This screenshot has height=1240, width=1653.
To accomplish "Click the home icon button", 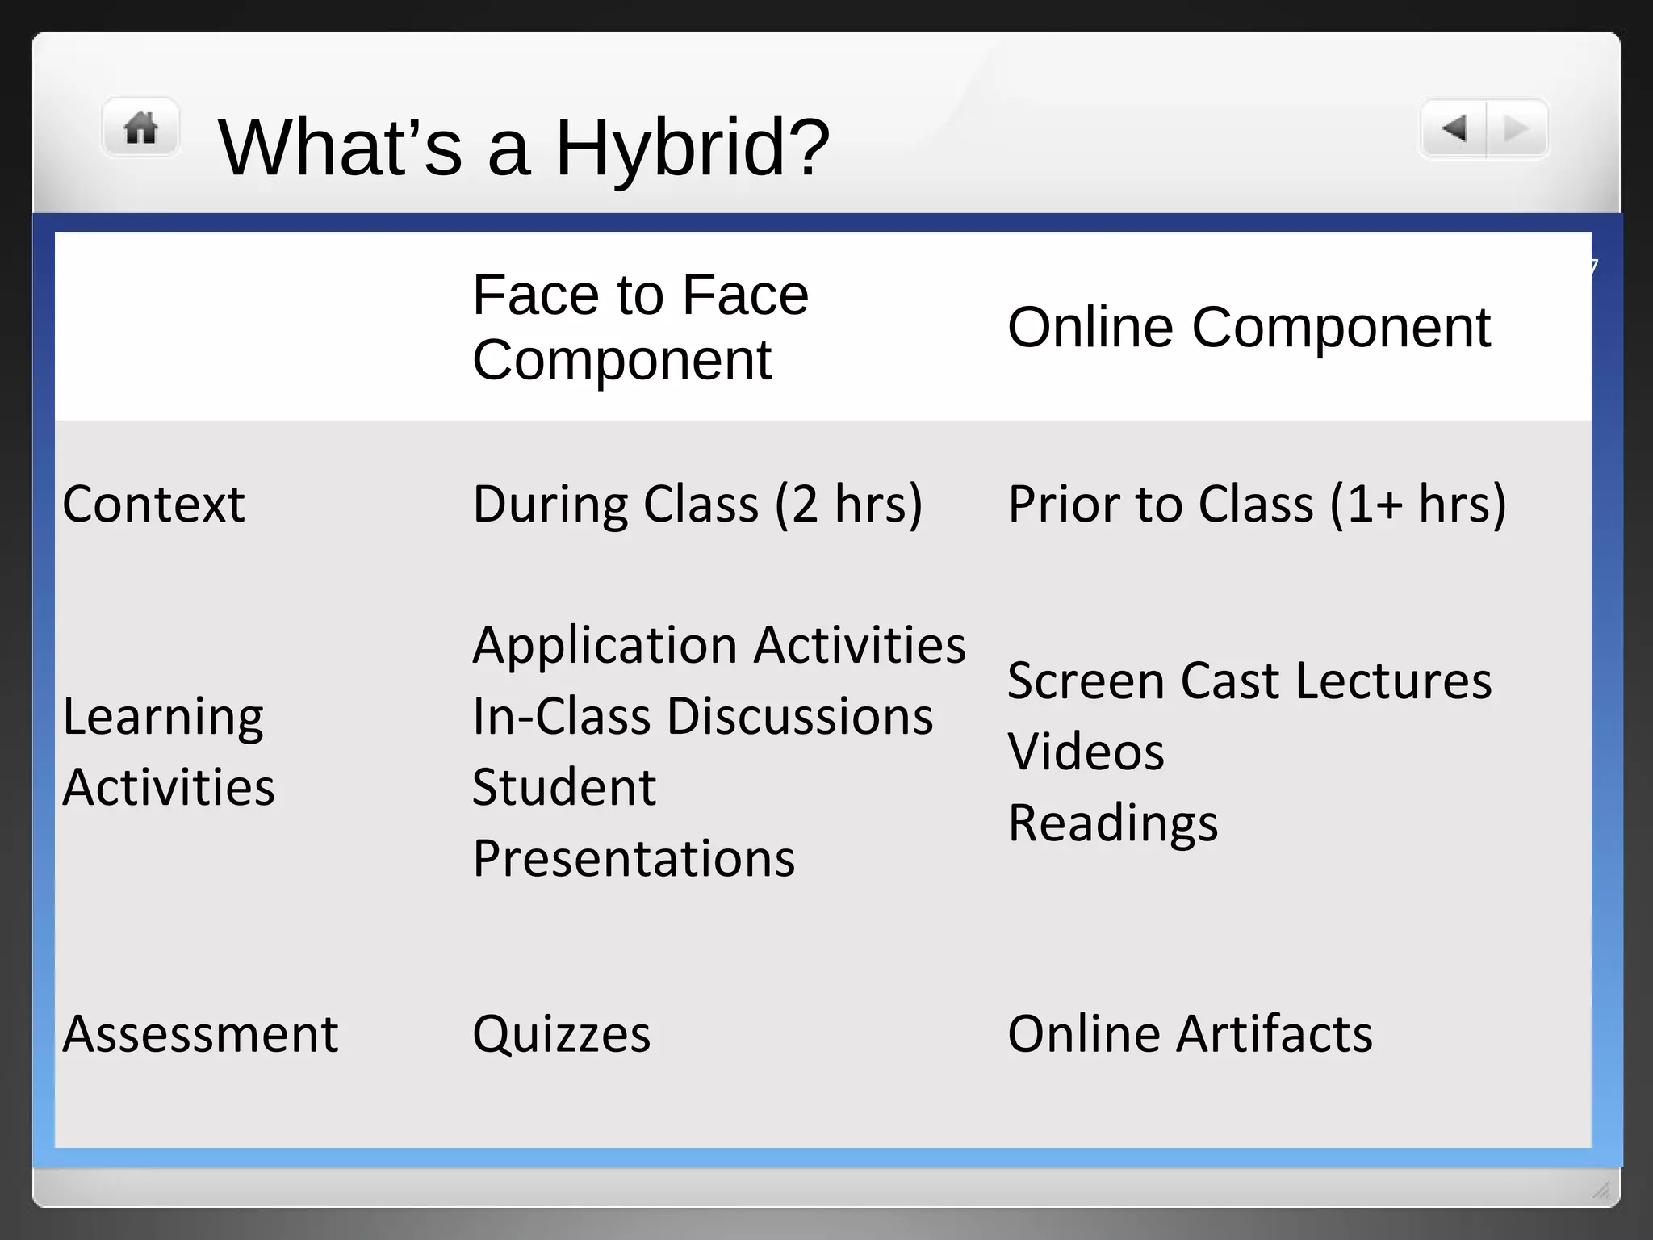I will click(140, 128).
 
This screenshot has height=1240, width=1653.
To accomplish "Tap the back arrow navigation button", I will click(1454, 128).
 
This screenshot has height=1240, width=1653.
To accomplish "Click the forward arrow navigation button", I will click(1517, 128).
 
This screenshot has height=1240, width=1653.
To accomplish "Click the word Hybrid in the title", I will click(692, 148).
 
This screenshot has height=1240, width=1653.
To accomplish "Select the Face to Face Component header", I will click(640, 327).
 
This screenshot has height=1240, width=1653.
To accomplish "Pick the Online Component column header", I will click(1249, 327).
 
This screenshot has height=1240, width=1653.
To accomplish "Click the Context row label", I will click(153, 504).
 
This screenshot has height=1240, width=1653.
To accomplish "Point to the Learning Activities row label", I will click(169, 751).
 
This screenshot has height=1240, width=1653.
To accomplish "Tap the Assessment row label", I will click(200, 1033).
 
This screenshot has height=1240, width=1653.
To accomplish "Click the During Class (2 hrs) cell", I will click(697, 504).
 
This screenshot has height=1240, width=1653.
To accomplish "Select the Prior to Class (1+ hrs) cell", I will click(1257, 504).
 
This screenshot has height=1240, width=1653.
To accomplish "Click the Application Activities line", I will click(718, 644).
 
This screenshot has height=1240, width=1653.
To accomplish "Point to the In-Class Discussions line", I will click(702, 715).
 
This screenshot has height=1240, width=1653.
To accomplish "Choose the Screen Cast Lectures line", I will click(1249, 680).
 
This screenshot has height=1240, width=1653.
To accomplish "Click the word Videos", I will click(1086, 751).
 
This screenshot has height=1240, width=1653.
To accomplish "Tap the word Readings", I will click(1112, 822).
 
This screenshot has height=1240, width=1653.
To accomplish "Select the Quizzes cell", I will click(561, 1033).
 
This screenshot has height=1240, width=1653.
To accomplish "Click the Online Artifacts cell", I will click(1190, 1033).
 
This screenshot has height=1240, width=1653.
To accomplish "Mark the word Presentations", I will click(634, 857).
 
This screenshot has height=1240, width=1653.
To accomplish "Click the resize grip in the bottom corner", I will click(1601, 1190).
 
